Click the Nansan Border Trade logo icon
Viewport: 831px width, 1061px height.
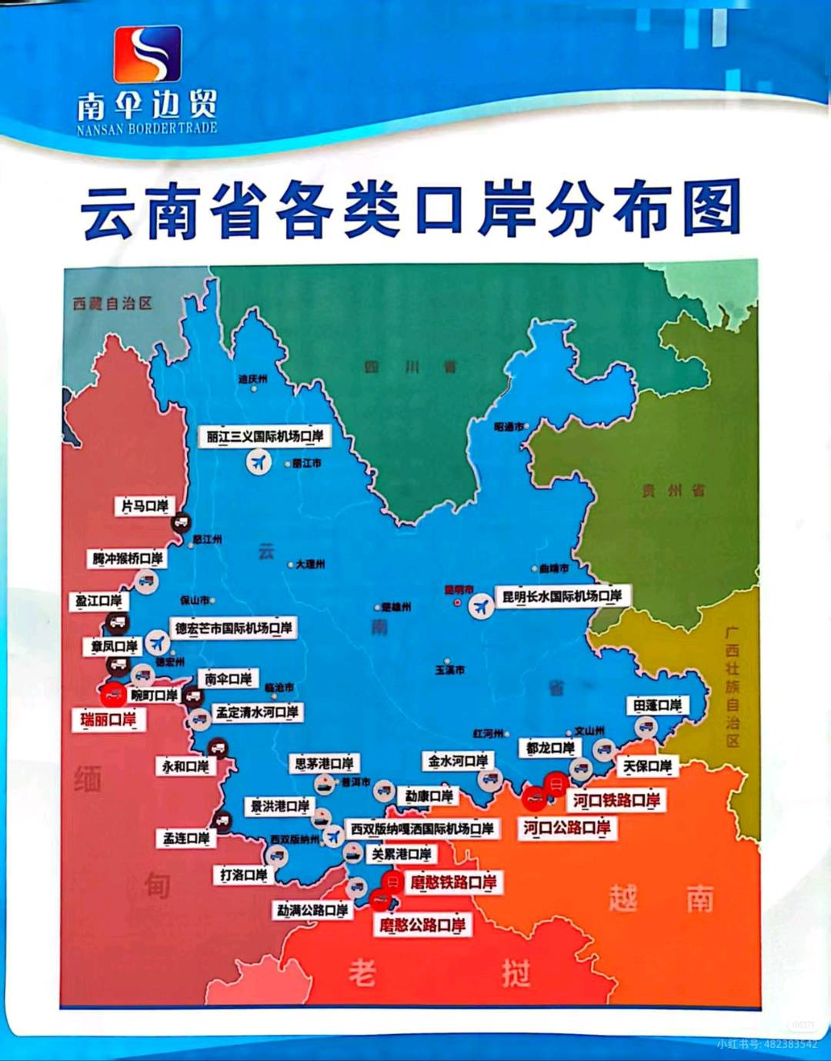pyautogui.click(x=148, y=54)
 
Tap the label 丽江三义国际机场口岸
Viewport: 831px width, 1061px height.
pyautogui.click(x=264, y=436)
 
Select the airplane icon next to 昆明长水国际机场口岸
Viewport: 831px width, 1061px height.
pyautogui.click(x=482, y=606)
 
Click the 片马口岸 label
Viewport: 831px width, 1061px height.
pyautogui.click(x=145, y=505)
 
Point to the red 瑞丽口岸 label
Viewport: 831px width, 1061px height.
pyautogui.click(x=108, y=719)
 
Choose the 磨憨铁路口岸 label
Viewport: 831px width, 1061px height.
pyautogui.click(x=452, y=882)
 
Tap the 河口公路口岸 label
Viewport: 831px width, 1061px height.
pyautogui.click(x=566, y=828)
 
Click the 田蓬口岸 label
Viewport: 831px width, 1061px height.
pyautogui.click(x=657, y=706)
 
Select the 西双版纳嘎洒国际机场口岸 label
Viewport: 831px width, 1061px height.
pyautogui.click(x=422, y=829)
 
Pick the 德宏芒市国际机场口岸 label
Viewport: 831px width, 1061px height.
pyautogui.click(x=233, y=628)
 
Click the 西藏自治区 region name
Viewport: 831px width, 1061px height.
pyautogui.click(x=112, y=303)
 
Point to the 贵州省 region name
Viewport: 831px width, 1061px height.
pyautogui.click(x=673, y=490)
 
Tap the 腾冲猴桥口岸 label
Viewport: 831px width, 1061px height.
pyautogui.click(x=128, y=558)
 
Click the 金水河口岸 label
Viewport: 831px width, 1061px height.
pyautogui.click(x=458, y=761)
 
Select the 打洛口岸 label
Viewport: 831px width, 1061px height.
pyautogui.click(x=243, y=875)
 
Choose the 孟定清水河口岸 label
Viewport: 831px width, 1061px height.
pyautogui.click(x=257, y=712)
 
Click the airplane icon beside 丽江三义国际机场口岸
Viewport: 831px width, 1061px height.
pyautogui.click(x=259, y=462)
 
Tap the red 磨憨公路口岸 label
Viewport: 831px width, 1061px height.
pyautogui.click(x=422, y=925)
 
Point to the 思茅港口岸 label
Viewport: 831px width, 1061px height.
pyautogui.click(x=324, y=763)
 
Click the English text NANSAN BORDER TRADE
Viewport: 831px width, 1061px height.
pyautogui.click(x=147, y=128)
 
